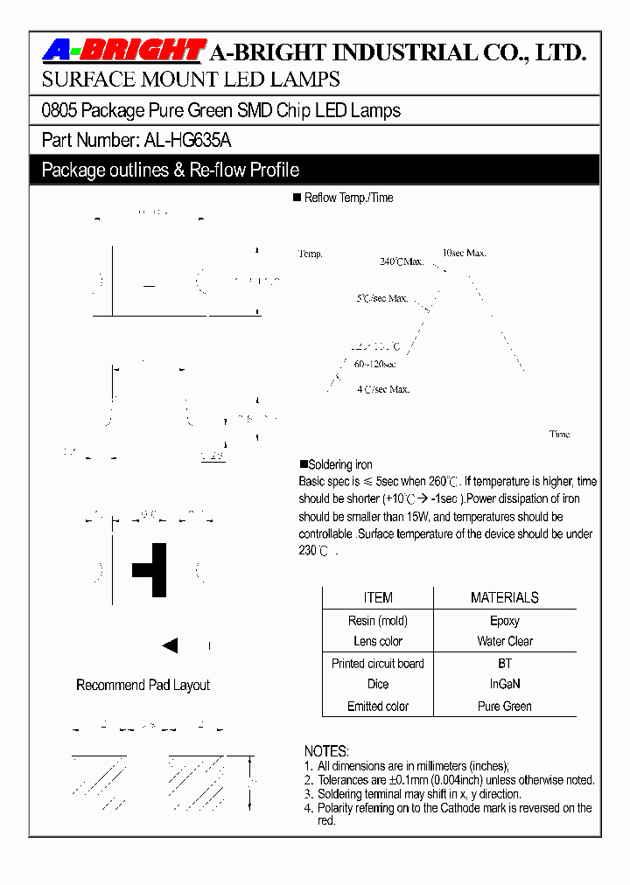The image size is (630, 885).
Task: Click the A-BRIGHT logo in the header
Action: click(x=123, y=52)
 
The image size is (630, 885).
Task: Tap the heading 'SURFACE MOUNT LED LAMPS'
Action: click(x=191, y=80)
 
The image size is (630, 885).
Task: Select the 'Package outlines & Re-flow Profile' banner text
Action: click(x=171, y=170)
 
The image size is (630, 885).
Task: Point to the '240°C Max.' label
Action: click(x=402, y=261)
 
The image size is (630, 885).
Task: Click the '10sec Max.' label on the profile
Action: click(x=464, y=253)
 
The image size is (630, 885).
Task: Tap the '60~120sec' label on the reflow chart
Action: click(x=374, y=364)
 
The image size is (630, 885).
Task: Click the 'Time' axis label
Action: click(x=559, y=434)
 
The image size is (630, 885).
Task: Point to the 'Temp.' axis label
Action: click(x=311, y=254)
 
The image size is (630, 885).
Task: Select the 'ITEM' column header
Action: click(x=378, y=598)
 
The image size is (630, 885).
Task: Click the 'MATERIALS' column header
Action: click(x=504, y=598)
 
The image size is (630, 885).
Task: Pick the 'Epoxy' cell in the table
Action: click(x=504, y=621)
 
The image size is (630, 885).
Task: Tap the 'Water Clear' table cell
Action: click(x=505, y=641)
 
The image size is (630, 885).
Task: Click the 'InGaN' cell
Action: click(x=505, y=684)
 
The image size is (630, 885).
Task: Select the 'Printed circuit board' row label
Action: click(x=378, y=664)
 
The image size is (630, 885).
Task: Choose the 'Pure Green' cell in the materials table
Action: click(x=505, y=706)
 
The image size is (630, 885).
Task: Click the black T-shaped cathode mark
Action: click(x=152, y=569)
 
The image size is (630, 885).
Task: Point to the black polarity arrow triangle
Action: click(x=170, y=646)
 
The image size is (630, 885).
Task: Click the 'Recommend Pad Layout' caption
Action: click(x=143, y=686)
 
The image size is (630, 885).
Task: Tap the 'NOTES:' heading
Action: click(x=326, y=751)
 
